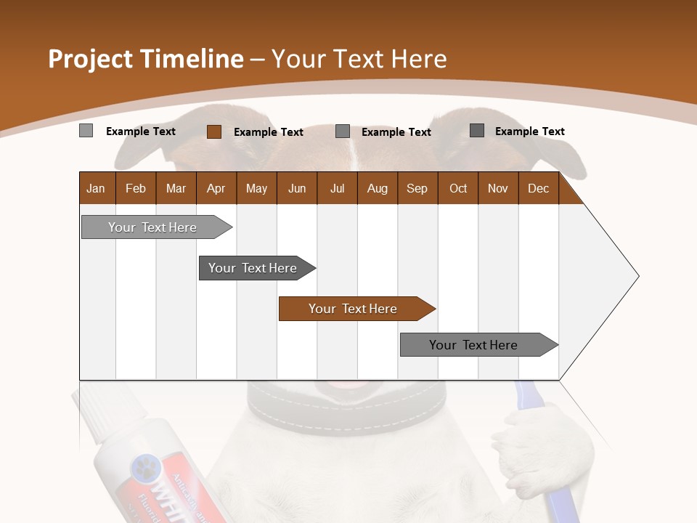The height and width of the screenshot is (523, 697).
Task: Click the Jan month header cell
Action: tap(97, 188)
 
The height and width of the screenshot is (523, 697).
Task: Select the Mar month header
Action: tap(176, 188)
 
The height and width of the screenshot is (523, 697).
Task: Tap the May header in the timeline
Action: tap(256, 188)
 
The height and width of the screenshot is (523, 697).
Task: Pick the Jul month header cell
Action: tap(337, 188)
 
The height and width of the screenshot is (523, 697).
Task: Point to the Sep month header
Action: tap(417, 188)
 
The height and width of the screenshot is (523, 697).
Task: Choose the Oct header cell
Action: tap(457, 188)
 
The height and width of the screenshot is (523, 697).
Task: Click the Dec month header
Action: tap(538, 188)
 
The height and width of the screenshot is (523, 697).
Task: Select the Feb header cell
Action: tap(136, 188)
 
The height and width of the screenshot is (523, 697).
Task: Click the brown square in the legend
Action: tap(214, 131)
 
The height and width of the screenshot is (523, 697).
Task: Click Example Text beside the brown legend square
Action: tap(268, 132)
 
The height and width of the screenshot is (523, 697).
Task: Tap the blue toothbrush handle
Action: tap(556, 494)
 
